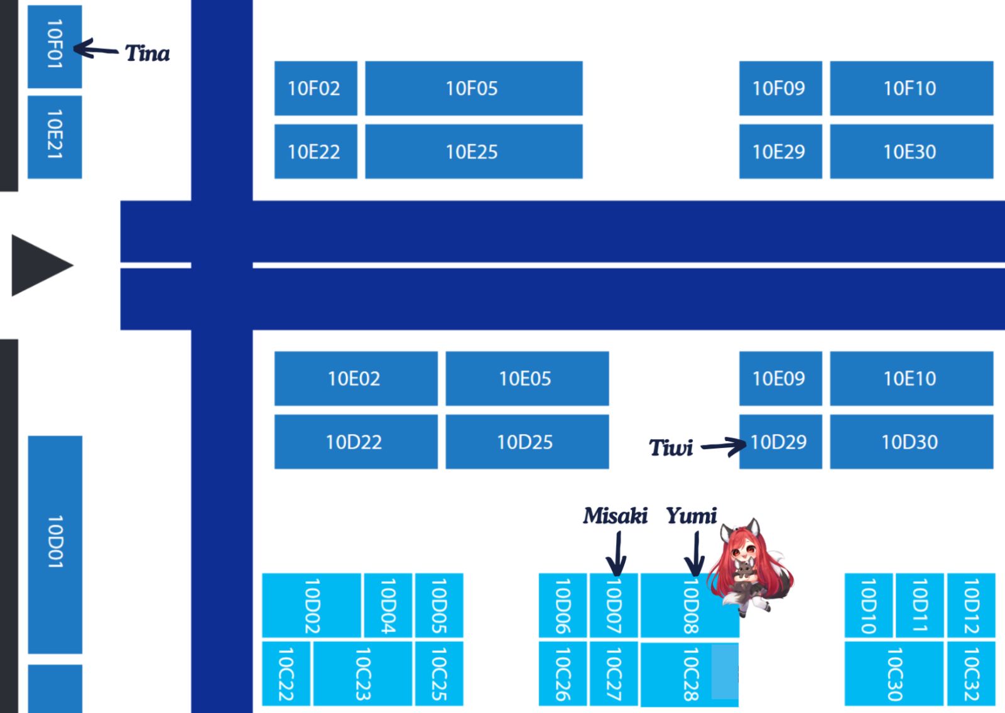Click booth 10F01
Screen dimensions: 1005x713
[x=55, y=46]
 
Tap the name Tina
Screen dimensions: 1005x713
[x=148, y=53]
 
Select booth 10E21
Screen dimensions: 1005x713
[x=55, y=137]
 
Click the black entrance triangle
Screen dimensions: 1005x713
[x=42, y=265]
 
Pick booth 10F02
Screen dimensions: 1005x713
[x=316, y=89]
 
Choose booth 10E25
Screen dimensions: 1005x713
[x=474, y=151]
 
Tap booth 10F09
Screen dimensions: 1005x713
[x=781, y=89]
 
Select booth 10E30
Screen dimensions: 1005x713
[x=911, y=151]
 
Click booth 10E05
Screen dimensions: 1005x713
[x=527, y=379]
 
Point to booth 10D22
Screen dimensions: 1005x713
[x=356, y=442]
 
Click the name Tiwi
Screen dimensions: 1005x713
[x=671, y=447]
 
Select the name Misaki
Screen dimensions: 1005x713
[x=616, y=516]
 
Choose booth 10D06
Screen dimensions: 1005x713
[x=563, y=606]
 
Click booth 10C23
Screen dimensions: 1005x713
[x=362, y=673]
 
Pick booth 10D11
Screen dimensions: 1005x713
[x=920, y=606]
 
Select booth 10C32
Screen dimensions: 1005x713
[x=971, y=673]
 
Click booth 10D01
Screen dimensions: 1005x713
[x=55, y=545]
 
